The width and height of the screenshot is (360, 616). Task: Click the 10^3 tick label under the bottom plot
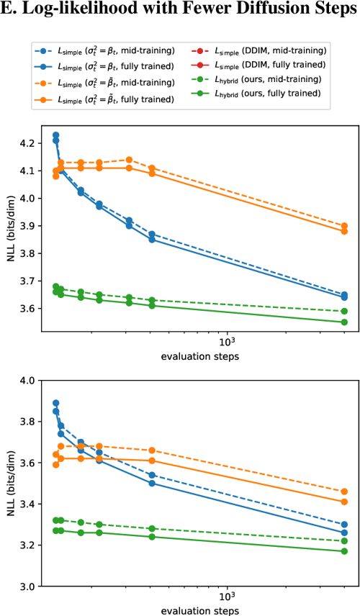[227, 597]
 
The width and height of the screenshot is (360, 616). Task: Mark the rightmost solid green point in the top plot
[344, 322]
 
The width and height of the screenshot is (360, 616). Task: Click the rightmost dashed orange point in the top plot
[344, 225]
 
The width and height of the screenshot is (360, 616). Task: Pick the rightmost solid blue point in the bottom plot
[344, 533]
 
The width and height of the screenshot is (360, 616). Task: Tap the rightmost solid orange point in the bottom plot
[344, 502]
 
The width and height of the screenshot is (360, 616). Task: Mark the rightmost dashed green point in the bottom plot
[344, 540]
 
